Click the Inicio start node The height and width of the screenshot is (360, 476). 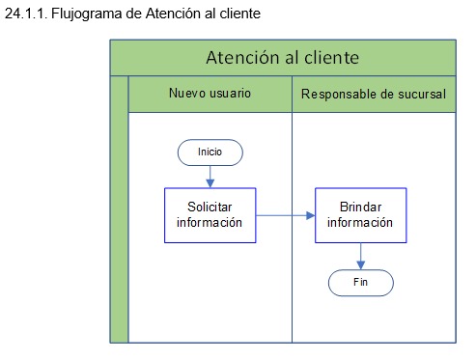coord(210,152)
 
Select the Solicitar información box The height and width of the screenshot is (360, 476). coord(210,215)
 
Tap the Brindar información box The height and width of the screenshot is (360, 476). coord(359,214)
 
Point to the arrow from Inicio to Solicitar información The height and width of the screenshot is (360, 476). coord(210,175)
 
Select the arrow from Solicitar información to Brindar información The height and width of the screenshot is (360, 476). coord(286,215)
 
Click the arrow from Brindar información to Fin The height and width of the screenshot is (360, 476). coord(360,255)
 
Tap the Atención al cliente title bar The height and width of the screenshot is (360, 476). coord(283,57)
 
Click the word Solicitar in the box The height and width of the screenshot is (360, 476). coord(210,208)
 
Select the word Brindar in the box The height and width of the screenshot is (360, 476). coord(359,207)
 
